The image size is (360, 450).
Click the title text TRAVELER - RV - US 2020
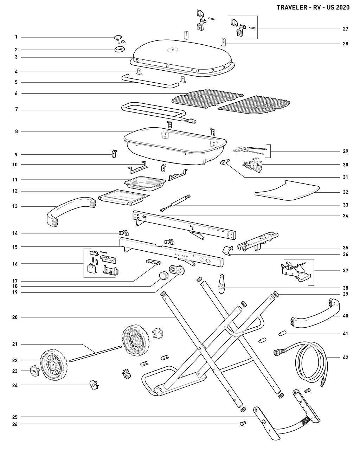(x=313, y=7)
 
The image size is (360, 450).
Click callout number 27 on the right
(x=345, y=29)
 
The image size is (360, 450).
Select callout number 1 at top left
(x=16, y=37)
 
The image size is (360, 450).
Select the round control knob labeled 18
(x=162, y=276)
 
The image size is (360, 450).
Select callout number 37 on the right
(x=345, y=271)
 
